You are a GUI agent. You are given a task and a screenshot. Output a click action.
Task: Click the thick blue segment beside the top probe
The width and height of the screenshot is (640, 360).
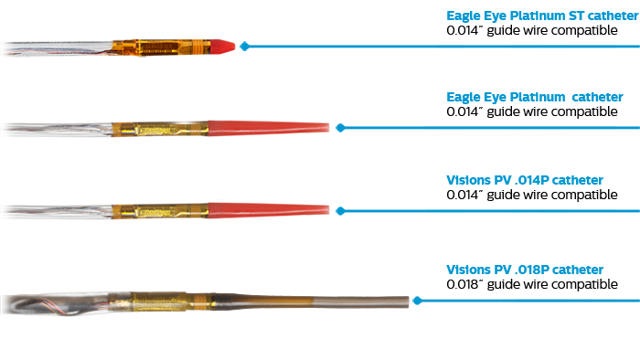pos(287,46)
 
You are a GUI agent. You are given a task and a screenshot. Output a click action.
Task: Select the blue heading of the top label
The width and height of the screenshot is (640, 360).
pos(535,16)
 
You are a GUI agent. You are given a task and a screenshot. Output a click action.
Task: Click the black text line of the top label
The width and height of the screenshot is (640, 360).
pos(530,30)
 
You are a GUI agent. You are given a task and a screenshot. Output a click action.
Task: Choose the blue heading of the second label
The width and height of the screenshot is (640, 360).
pos(535,97)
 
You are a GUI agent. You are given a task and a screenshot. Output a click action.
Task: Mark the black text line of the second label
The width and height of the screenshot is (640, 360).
pos(530,111)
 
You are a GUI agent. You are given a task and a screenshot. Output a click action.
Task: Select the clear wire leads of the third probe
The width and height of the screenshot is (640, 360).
pos(55,212)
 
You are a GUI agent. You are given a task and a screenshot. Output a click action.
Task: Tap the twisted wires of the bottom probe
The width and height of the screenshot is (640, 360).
pos(46,302)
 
